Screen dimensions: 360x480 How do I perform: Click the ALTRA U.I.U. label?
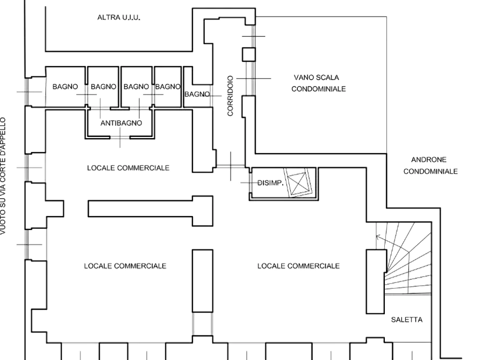[119, 18]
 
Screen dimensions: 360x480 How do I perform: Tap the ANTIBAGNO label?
[121, 123]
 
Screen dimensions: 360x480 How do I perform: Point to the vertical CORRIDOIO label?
[230, 96]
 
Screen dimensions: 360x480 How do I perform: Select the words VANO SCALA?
[317, 77]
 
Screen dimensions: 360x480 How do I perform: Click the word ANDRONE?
[428, 160]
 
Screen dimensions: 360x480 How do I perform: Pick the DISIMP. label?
[270, 183]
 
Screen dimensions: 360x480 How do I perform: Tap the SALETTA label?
[407, 319]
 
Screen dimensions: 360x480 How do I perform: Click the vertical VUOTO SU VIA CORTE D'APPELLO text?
[4, 177]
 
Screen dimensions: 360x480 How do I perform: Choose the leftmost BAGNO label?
[65, 87]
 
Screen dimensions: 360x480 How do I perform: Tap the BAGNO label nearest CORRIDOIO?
[197, 95]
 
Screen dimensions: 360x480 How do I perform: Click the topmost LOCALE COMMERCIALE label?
[128, 168]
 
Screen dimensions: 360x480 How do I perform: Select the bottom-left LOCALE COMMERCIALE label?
[125, 266]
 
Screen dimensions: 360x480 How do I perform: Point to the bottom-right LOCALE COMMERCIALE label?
[298, 266]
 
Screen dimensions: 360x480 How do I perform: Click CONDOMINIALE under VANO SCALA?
[318, 89]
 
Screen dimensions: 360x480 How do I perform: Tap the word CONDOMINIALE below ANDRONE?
[431, 171]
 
